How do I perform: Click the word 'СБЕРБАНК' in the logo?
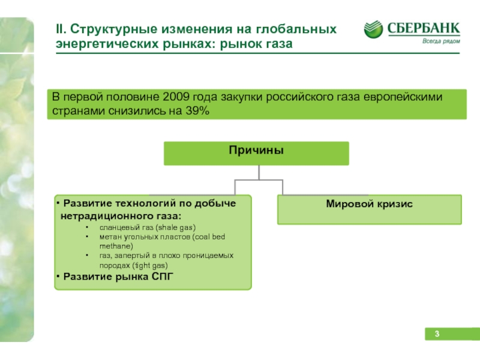(423, 28)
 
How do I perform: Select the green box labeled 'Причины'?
(256, 152)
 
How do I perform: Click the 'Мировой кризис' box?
(369, 209)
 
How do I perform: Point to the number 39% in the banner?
(197, 112)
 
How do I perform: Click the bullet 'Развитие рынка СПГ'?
(113, 275)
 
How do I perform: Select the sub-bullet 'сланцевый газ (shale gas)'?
(148, 227)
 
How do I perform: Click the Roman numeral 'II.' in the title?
(61, 29)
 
